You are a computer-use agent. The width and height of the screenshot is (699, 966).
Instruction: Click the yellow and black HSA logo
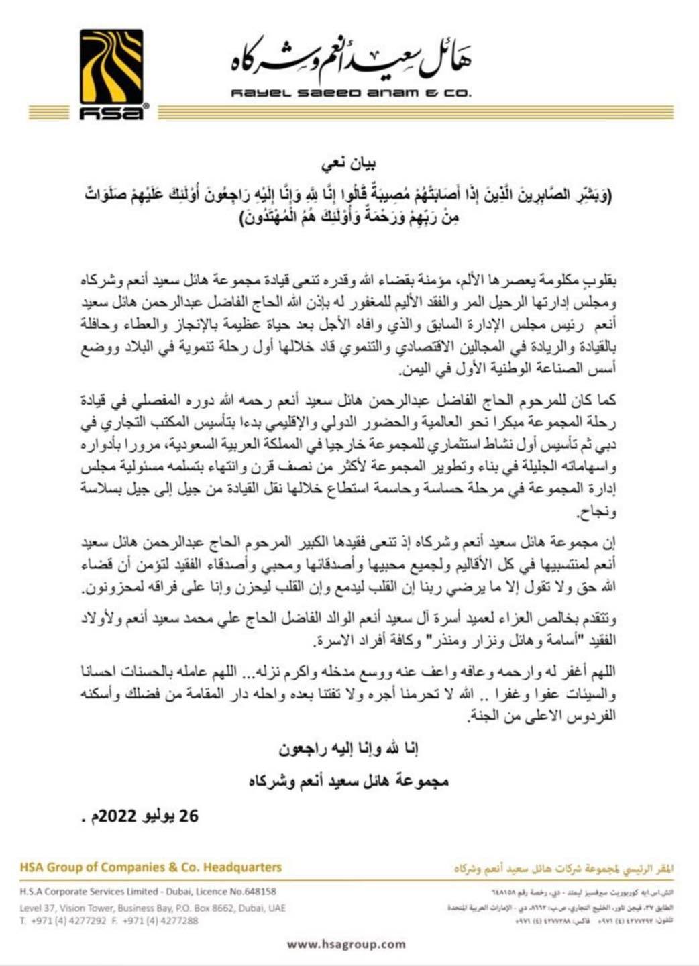111,74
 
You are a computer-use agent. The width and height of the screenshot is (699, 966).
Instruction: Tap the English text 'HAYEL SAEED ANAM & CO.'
350,94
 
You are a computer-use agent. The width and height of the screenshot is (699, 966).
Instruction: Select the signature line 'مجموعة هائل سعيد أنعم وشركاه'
348,782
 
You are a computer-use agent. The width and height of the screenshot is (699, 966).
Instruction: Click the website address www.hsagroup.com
346,944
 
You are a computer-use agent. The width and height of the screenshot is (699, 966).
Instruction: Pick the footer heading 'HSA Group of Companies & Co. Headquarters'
151,867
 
